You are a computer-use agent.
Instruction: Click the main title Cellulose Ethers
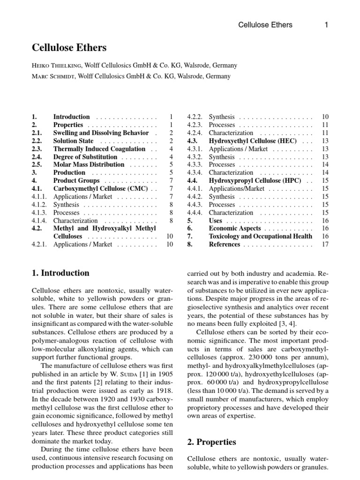click(69, 48)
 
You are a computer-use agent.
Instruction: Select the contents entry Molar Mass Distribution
click(89, 165)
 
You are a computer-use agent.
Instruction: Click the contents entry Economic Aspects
click(235, 228)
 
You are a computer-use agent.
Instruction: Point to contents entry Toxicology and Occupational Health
click(260, 236)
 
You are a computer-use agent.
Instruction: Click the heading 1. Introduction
click(60, 273)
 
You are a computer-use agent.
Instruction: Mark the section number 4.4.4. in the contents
click(195, 212)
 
